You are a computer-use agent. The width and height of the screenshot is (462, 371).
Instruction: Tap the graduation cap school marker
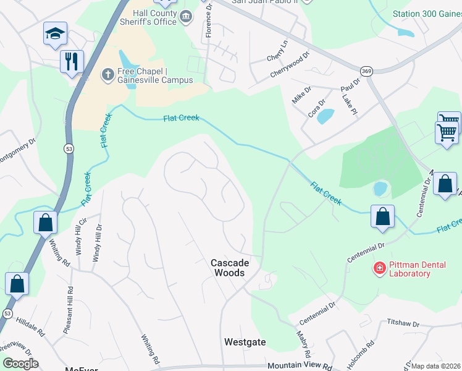(55, 33)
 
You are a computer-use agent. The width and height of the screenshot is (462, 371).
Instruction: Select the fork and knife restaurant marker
(72, 62)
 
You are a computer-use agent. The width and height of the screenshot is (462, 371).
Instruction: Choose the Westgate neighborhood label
(245, 342)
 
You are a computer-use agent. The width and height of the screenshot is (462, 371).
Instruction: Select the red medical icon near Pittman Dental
(379, 268)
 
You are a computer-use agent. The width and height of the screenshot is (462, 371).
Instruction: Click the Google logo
(20, 364)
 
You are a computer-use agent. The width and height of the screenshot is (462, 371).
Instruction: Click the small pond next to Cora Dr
(325, 116)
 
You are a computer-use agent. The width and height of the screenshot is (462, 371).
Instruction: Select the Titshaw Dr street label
(403, 323)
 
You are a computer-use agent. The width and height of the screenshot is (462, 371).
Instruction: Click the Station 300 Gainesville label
(427, 14)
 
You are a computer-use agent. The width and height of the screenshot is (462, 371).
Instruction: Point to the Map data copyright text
(436, 366)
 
